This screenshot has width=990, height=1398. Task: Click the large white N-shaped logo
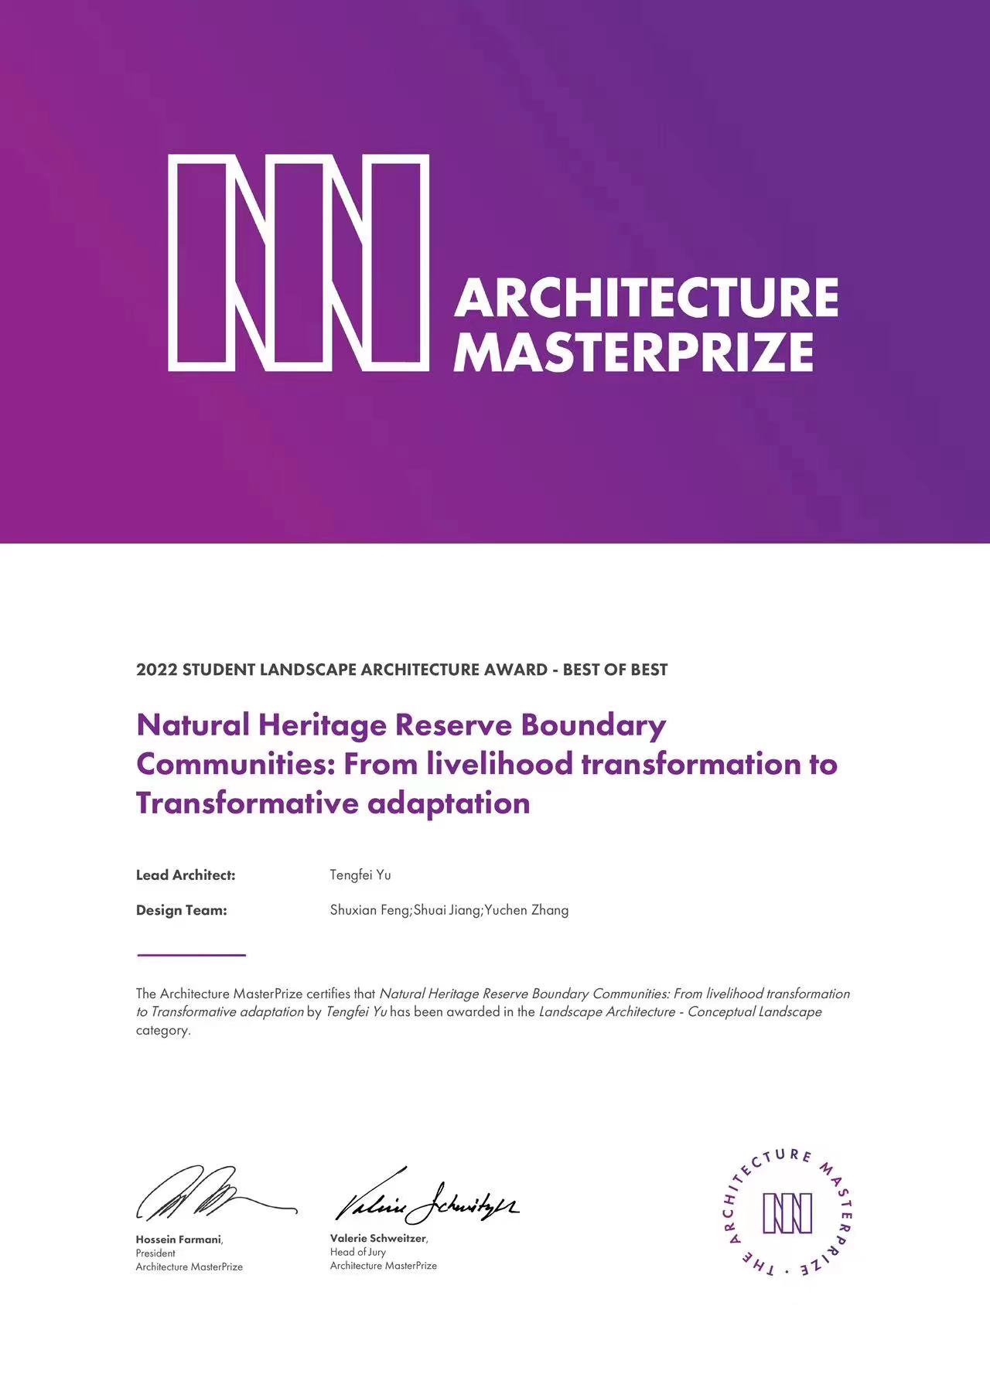[x=299, y=263]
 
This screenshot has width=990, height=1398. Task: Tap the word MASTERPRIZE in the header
[x=633, y=353]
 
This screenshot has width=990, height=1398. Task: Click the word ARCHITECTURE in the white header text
[x=646, y=298]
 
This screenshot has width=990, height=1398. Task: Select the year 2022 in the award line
[x=156, y=670]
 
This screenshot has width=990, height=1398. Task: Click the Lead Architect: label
[x=186, y=875]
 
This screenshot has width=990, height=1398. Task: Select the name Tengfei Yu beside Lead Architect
[x=360, y=875]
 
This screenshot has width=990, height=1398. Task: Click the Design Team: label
[x=182, y=910]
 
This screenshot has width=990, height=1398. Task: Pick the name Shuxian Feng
[x=370, y=910]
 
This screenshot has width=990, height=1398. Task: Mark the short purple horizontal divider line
[x=191, y=955]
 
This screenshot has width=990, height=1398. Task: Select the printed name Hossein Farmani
[x=178, y=1239]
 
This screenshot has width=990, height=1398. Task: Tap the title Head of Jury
[x=357, y=1252]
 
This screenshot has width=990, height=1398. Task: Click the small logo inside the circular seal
[x=787, y=1212]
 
